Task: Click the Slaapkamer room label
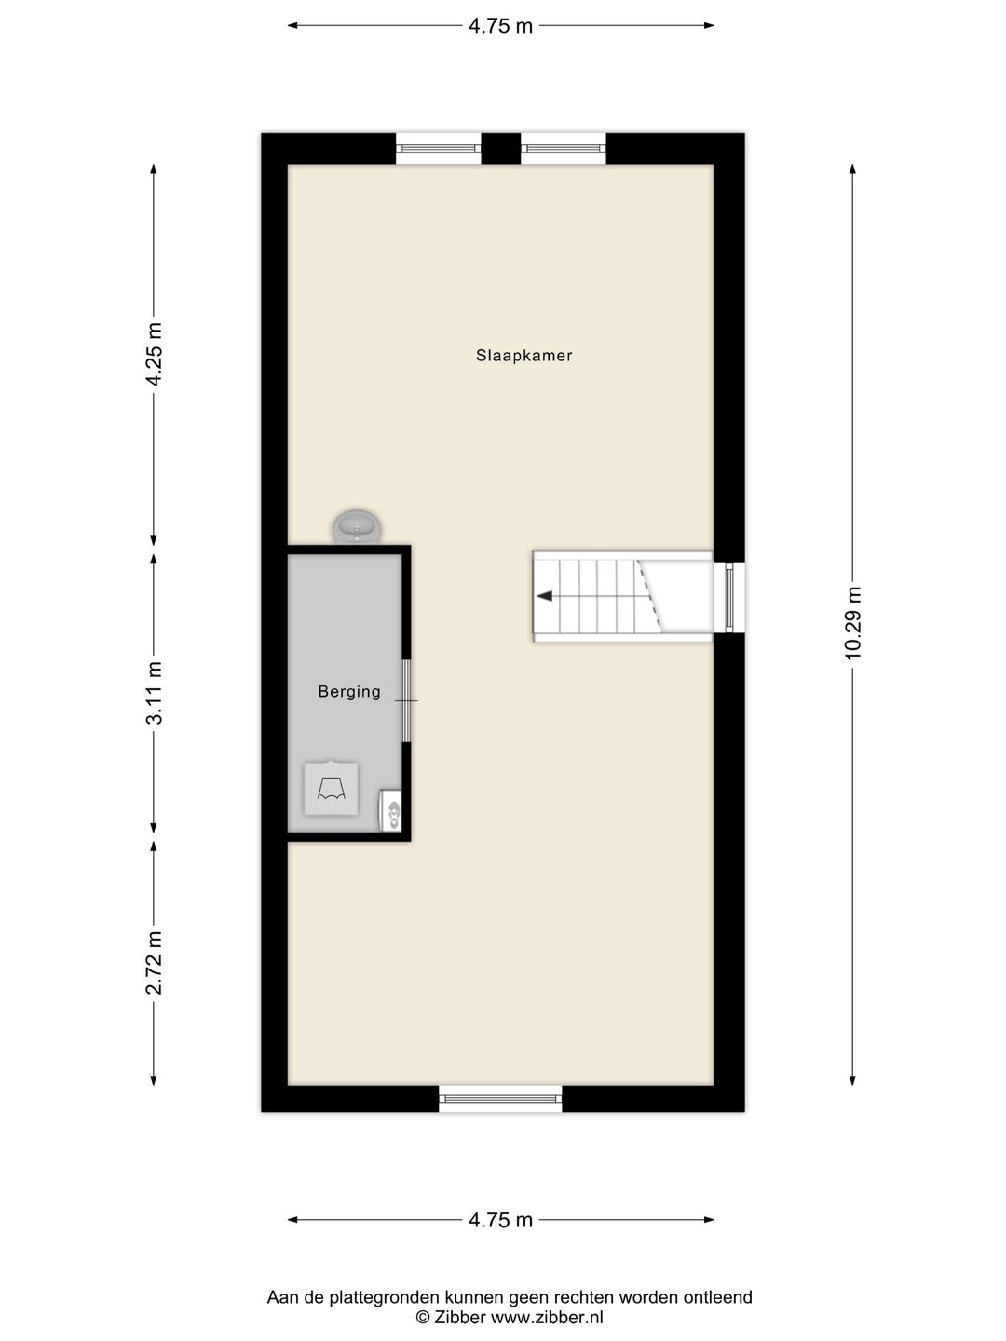click(x=523, y=356)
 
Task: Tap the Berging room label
click(x=349, y=692)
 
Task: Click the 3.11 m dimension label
click(x=155, y=693)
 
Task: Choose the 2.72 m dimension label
click(x=155, y=963)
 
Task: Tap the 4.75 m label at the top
click(x=501, y=26)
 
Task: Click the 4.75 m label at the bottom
click(x=501, y=1220)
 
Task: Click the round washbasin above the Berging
click(x=357, y=526)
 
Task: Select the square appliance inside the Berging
click(x=331, y=789)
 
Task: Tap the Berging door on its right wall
click(x=406, y=700)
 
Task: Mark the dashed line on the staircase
click(x=649, y=593)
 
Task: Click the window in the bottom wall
click(x=501, y=1099)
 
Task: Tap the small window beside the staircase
click(x=730, y=597)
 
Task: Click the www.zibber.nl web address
click(x=547, y=1318)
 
